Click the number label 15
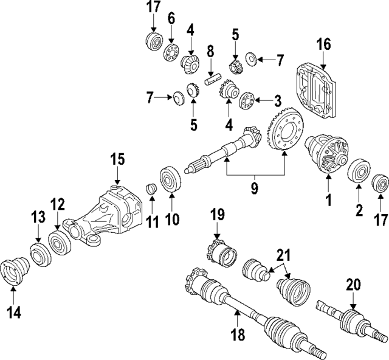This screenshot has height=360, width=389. [117, 160]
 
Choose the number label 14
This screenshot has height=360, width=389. [13, 313]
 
